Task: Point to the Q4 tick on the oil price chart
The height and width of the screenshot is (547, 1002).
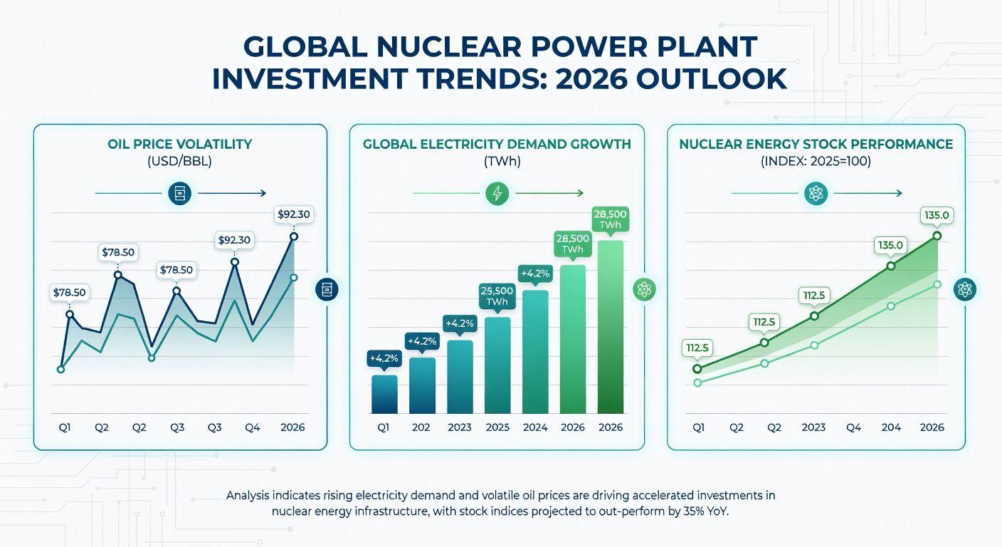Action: click(x=252, y=427)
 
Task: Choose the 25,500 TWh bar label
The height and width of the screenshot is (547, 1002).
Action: click(x=497, y=296)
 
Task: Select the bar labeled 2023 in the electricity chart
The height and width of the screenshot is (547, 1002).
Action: click(x=460, y=377)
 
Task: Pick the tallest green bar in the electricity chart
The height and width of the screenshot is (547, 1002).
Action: click(x=611, y=327)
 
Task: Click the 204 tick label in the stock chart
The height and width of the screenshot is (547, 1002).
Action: click(x=891, y=427)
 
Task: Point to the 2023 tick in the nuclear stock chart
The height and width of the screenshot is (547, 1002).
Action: click(x=813, y=427)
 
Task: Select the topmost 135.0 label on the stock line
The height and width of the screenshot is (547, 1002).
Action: click(x=936, y=215)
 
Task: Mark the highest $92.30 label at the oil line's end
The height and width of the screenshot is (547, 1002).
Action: click(x=292, y=214)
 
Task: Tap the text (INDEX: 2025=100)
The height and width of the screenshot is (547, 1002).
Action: click(x=816, y=161)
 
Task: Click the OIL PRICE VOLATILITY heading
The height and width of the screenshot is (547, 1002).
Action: click(x=179, y=144)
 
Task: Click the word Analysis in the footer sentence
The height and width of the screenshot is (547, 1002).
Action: click(x=251, y=494)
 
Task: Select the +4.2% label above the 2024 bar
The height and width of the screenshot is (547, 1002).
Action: click(x=535, y=273)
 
